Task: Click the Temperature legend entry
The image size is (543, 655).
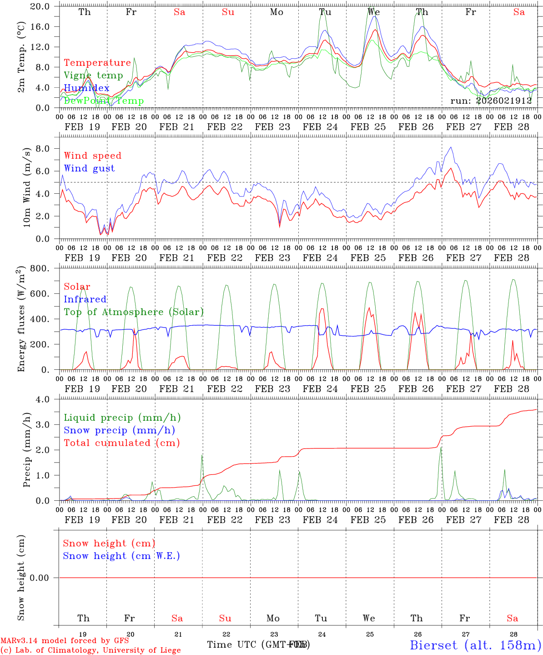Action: pyautogui.click(x=97, y=63)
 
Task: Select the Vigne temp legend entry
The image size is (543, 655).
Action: pyautogui.click(x=93, y=76)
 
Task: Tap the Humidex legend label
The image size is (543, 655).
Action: pyautogui.click(x=86, y=88)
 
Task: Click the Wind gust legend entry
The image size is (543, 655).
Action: pyautogui.click(x=89, y=168)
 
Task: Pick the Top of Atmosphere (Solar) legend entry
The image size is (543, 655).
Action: pyautogui.click(x=134, y=312)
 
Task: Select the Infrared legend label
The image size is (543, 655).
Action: pyautogui.click(x=85, y=299)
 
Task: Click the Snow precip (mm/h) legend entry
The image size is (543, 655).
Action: pyautogui.click(x=120, y=430)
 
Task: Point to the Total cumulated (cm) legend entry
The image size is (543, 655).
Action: pyautogui.click(x=122, y=443)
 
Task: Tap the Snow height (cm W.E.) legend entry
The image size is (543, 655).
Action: pyautogui.click(x=121, y=556)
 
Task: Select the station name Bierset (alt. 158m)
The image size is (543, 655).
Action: pyautogui.click(x=475, y=645)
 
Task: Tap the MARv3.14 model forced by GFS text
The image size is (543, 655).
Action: pyautogui.click(x=65, y=641)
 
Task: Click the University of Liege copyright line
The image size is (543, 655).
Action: pyautogui.click(x=90, y=650)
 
